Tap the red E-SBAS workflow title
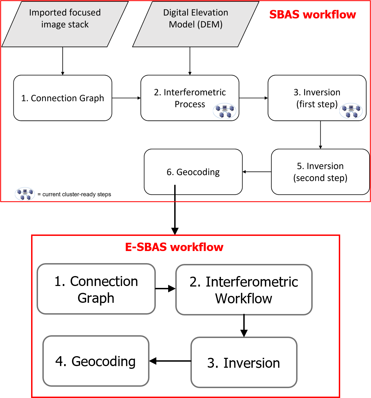[x=174, y=247]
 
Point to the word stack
[x=78, y=24]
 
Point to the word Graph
[x=96, y=298]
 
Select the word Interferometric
[x=252, y=282]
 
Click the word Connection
[x=104, y=281]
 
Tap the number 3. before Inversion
[x=213, y=363]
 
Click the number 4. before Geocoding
[x=61, y=361]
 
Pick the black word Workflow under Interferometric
[x=244, y=299]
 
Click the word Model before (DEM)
[x=182, y=24]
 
